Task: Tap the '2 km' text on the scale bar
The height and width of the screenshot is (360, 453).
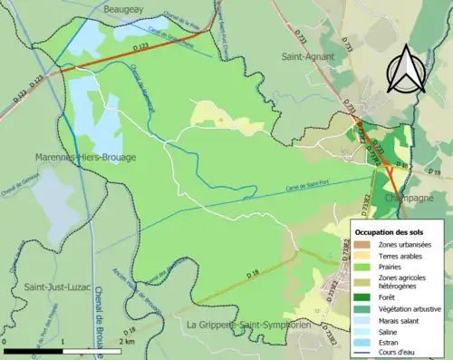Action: [x=129, y=341]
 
